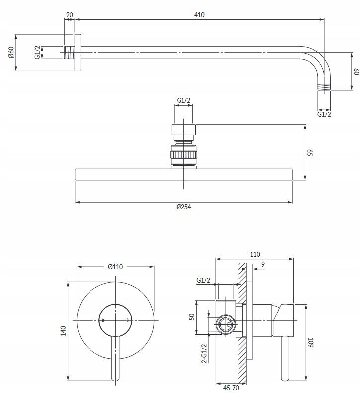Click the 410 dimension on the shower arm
click(199, 15)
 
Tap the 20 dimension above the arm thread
click(70, 15)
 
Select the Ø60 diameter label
click(11, 52)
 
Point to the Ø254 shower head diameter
click(183, 207)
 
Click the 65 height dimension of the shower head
click(310, 153)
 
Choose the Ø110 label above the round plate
click(115, 267)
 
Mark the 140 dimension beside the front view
click(63, 331)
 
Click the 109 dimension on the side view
click(311, 342)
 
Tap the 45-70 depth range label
click(231, 388)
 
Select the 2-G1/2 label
click(204, 353)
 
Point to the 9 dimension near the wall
click(263, 264)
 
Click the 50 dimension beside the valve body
click(192, 317)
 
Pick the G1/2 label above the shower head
click(183, 100)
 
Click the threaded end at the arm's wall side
click(69, 52)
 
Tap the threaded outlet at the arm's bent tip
click(324, 87)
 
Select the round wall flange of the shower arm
click(78, 52)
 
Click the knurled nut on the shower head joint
click(183, 155)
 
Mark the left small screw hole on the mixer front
click(103, 320)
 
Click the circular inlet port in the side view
click(226, 324)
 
